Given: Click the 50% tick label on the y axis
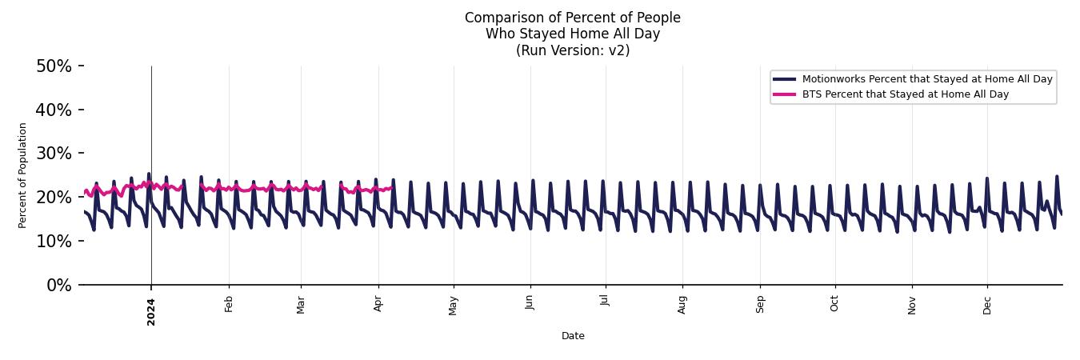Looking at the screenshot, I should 54,66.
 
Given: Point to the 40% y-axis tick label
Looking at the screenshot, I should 54,110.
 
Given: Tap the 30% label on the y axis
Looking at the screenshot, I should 54,154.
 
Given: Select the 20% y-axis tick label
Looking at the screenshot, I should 54,198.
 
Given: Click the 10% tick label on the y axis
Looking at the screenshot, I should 54,242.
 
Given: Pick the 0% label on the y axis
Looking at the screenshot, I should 58,286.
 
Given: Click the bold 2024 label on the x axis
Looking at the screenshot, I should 151,311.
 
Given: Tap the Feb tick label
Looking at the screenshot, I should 229,304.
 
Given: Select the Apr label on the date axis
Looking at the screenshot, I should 378,304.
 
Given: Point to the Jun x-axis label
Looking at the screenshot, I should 530,304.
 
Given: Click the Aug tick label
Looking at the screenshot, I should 682,304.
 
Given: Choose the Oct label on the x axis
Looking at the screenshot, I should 835,304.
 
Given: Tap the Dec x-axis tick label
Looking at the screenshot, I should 987,304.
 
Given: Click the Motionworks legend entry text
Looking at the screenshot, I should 927,79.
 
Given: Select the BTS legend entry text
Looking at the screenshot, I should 905,94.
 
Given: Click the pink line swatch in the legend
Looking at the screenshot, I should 785,94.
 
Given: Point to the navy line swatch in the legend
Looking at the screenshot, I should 785,79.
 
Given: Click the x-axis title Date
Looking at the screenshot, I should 573,336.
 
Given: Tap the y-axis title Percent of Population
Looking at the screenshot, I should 23,175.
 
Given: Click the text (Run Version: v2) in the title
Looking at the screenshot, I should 573,50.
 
